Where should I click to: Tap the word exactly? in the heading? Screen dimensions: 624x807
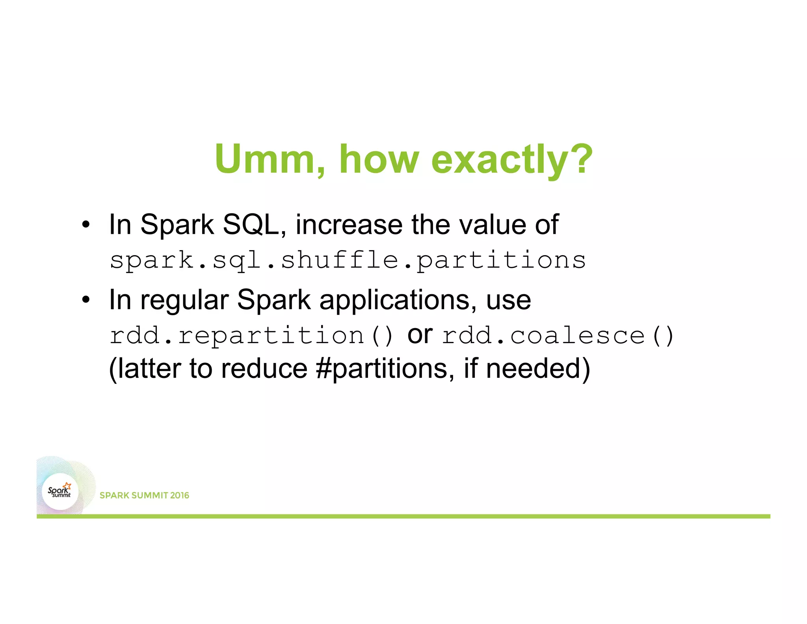click(512, 159)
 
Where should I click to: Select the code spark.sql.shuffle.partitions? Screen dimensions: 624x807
click(348, 261)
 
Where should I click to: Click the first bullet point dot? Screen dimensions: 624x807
click(86, 225)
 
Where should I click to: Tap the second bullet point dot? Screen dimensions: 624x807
click(86, 301)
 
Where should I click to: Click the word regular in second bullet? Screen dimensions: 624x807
click(184, 301)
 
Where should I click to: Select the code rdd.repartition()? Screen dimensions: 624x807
click(251, 336)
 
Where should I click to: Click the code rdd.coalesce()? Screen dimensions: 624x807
click(558, 336)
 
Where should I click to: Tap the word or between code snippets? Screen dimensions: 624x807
click(420, 335)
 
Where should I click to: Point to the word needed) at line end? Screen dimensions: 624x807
click(538, 369)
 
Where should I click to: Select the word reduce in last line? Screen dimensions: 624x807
click(264, 369)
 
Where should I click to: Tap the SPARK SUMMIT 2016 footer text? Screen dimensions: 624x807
click(144, 495)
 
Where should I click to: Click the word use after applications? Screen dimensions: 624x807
click(508, 301)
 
